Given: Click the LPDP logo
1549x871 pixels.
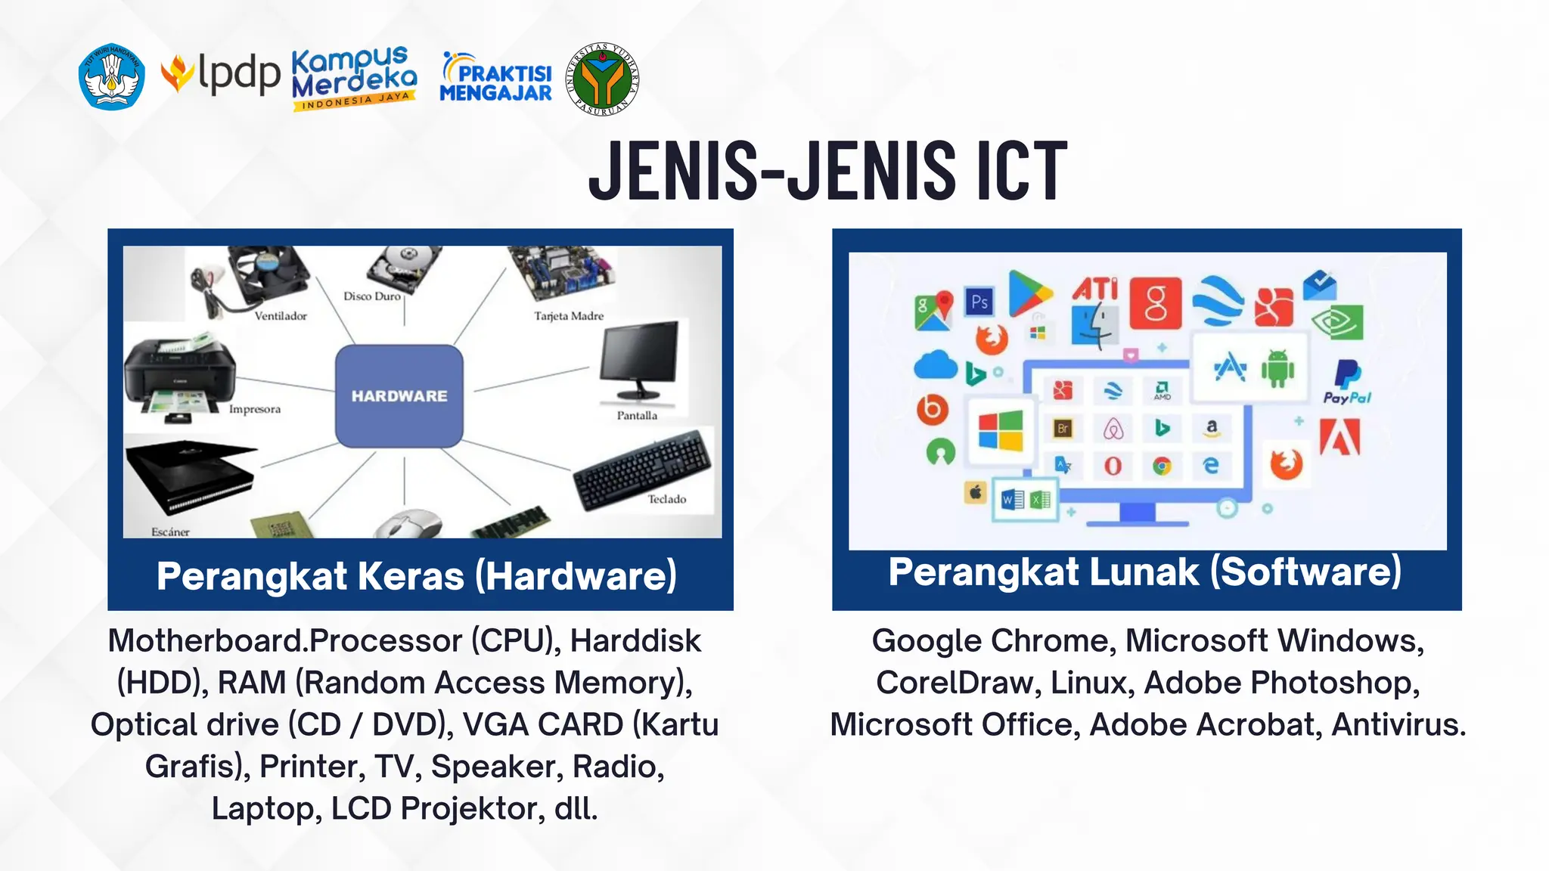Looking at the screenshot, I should tap(221, 76).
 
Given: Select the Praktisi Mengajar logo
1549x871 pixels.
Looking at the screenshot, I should tap(496, 79).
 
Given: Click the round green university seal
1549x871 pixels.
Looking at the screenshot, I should tap(602, 79).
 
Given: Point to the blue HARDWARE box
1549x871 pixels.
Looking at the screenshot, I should tap(399, 395).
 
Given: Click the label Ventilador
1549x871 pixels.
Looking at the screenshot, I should tap(281, 316).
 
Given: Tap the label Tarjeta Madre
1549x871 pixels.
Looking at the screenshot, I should tap(569, 316).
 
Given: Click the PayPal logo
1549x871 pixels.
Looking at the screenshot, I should tap(1347, 382).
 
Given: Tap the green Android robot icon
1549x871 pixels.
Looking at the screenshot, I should tap(1277, 368).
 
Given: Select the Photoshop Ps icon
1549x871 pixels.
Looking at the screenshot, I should tap(979, 302).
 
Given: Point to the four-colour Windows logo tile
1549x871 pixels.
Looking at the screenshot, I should tap(1000, 431).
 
